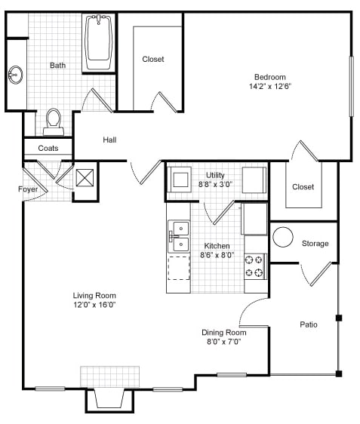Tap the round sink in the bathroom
(15, 75)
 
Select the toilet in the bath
(54, 121)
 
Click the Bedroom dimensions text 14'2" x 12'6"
(269, 87)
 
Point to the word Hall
(110, 140)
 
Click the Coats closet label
(48, 149)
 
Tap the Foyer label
(28, 189)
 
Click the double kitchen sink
(178, 235)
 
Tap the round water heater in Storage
(283, 238)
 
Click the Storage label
(315, 244)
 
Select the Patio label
(308, 325)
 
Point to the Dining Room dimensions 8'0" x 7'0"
(224, 342)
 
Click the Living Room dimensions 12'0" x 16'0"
(94, 305)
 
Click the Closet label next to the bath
(152, 59)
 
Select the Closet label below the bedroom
(303, 187)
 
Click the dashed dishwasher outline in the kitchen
(178, 268)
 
